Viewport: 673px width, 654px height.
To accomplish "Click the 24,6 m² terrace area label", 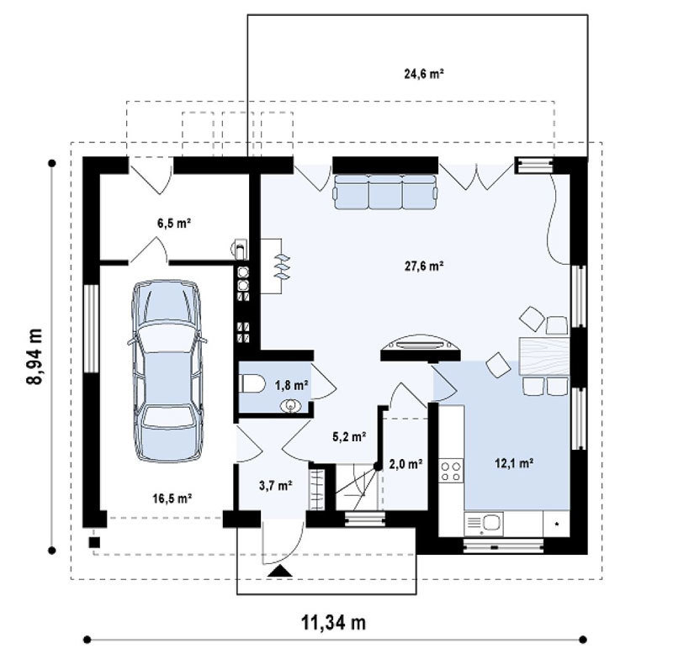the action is tap(424, 74).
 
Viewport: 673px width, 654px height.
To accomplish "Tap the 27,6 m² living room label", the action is tap(424, 266).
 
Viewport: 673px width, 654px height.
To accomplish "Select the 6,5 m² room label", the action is tap(174, 223).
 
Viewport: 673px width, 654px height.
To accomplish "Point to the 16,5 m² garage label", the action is tap(172, 498).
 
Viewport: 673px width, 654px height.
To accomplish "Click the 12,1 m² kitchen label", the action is tap(514, 462).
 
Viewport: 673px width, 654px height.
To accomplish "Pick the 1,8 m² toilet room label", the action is tap(291, 385).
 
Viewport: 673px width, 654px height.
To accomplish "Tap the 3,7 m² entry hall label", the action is tap(276, 486).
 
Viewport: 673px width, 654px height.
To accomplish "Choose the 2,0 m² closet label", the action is tap(405, 463).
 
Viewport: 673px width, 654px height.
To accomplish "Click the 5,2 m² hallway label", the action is tap(349, 436).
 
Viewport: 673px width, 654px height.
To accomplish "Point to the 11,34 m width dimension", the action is tap(333, 622).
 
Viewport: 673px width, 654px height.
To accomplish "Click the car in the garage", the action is tap(167, 371).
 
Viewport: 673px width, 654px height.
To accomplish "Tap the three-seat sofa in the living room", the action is tap(386, 193).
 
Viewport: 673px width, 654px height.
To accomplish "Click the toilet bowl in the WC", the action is tap(253, 383).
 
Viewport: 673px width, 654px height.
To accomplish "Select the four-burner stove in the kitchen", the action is tap(451, 471).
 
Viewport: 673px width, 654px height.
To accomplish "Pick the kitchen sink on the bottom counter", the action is tap(484, 524).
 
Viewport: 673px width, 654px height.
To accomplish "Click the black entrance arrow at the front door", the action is tap(280, 571).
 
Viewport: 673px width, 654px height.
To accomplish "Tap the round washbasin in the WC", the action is tap(291, 406).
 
